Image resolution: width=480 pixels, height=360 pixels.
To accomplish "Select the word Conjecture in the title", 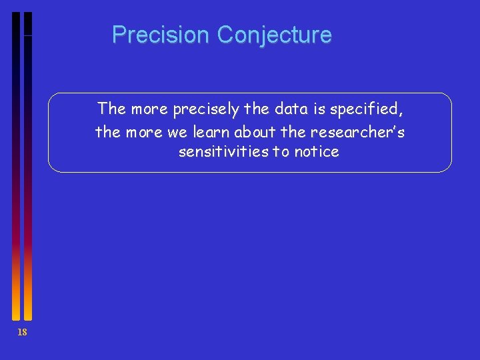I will pos(274,35).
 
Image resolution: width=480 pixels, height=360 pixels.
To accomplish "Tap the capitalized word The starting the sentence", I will pos(111,109).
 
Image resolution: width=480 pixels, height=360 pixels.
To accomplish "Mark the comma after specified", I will pos(401,112).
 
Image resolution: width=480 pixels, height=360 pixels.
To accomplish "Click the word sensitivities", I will pos(224,152).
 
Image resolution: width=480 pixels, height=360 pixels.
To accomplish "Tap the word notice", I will pos(317,152).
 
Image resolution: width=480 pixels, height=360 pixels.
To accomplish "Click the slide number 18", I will pos(22,333).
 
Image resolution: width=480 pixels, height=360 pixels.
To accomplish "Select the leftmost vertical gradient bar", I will pos(16,167).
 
